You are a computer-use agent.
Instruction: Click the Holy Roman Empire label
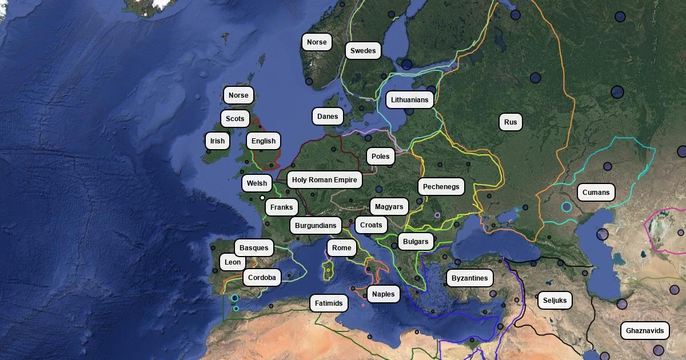click(x=324, y=180)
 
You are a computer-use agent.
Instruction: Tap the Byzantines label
click(x=469, y=278)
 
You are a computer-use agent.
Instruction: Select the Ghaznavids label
click(x=645, y=331)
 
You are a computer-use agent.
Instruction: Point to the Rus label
click(x=510, y=122)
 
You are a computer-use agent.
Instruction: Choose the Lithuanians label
click(x=409, y=100)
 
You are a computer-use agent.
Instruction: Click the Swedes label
click(x=363, y=51)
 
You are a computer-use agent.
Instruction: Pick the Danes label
click(x=328, y=117)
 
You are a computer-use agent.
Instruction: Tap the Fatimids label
click(x=329, y=303)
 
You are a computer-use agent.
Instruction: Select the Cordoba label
click(x=262, y=278)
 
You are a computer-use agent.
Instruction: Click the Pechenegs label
click(x=441, y=187)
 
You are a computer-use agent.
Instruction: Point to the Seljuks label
click(x=555, y=300)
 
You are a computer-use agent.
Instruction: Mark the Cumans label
click(x=596, y=193)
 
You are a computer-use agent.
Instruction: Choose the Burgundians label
click(x=316, y=225)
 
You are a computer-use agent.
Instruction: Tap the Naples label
click(x=383, y=294)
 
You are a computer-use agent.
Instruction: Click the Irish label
click(x=217, y=141)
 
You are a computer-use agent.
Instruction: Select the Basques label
click(x=254, y=247)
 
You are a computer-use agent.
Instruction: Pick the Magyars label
click(x=389, y=207)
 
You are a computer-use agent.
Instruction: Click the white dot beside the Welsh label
click(x=262, y=198)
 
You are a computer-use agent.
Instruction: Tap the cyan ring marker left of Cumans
click(x=567, y=207)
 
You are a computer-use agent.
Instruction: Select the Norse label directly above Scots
click(x=238, y=95)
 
